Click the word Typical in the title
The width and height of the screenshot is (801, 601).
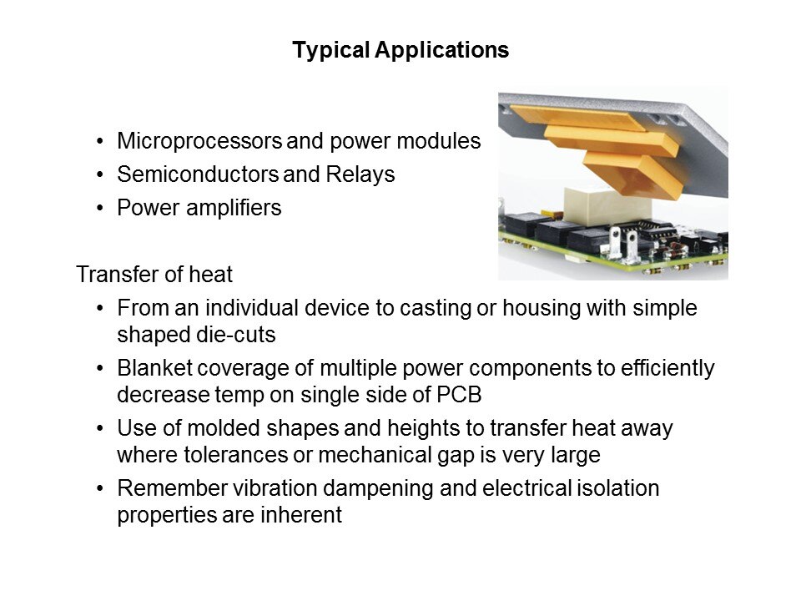330,51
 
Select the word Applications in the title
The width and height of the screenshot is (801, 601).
442,51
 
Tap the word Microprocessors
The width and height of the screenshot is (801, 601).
199,141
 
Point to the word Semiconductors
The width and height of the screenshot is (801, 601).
197,174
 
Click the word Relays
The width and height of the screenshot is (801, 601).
360,174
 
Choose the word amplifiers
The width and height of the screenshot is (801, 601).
234,208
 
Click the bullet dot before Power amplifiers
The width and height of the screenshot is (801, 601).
100,209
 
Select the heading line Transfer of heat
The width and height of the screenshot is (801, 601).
154,275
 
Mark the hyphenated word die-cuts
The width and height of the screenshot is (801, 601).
236,335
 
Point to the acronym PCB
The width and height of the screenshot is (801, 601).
459,395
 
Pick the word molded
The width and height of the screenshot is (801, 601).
224,428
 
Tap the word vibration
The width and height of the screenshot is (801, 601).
275,488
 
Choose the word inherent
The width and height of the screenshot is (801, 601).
301,515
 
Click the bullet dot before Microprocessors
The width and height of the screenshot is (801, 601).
100,142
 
